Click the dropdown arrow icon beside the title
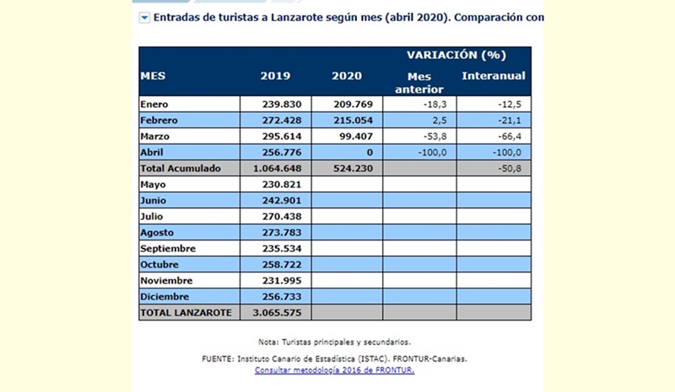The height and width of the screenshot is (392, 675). [x=145, y=17]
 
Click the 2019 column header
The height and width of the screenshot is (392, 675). [x=276, y=76]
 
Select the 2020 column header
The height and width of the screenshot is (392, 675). [x=347, y=76]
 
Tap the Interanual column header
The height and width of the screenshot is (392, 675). [x=494, y=76]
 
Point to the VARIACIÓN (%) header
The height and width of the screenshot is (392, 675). [x=456, y=56]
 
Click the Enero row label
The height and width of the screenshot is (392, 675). [x=157, y=105]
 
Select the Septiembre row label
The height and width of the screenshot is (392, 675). [x=169, y=249]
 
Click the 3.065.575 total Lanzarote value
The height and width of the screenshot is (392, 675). [x=278, y=313]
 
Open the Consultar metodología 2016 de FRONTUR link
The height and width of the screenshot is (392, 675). [x=334, y=369]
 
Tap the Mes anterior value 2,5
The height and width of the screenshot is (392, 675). [x=438, y=121]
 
